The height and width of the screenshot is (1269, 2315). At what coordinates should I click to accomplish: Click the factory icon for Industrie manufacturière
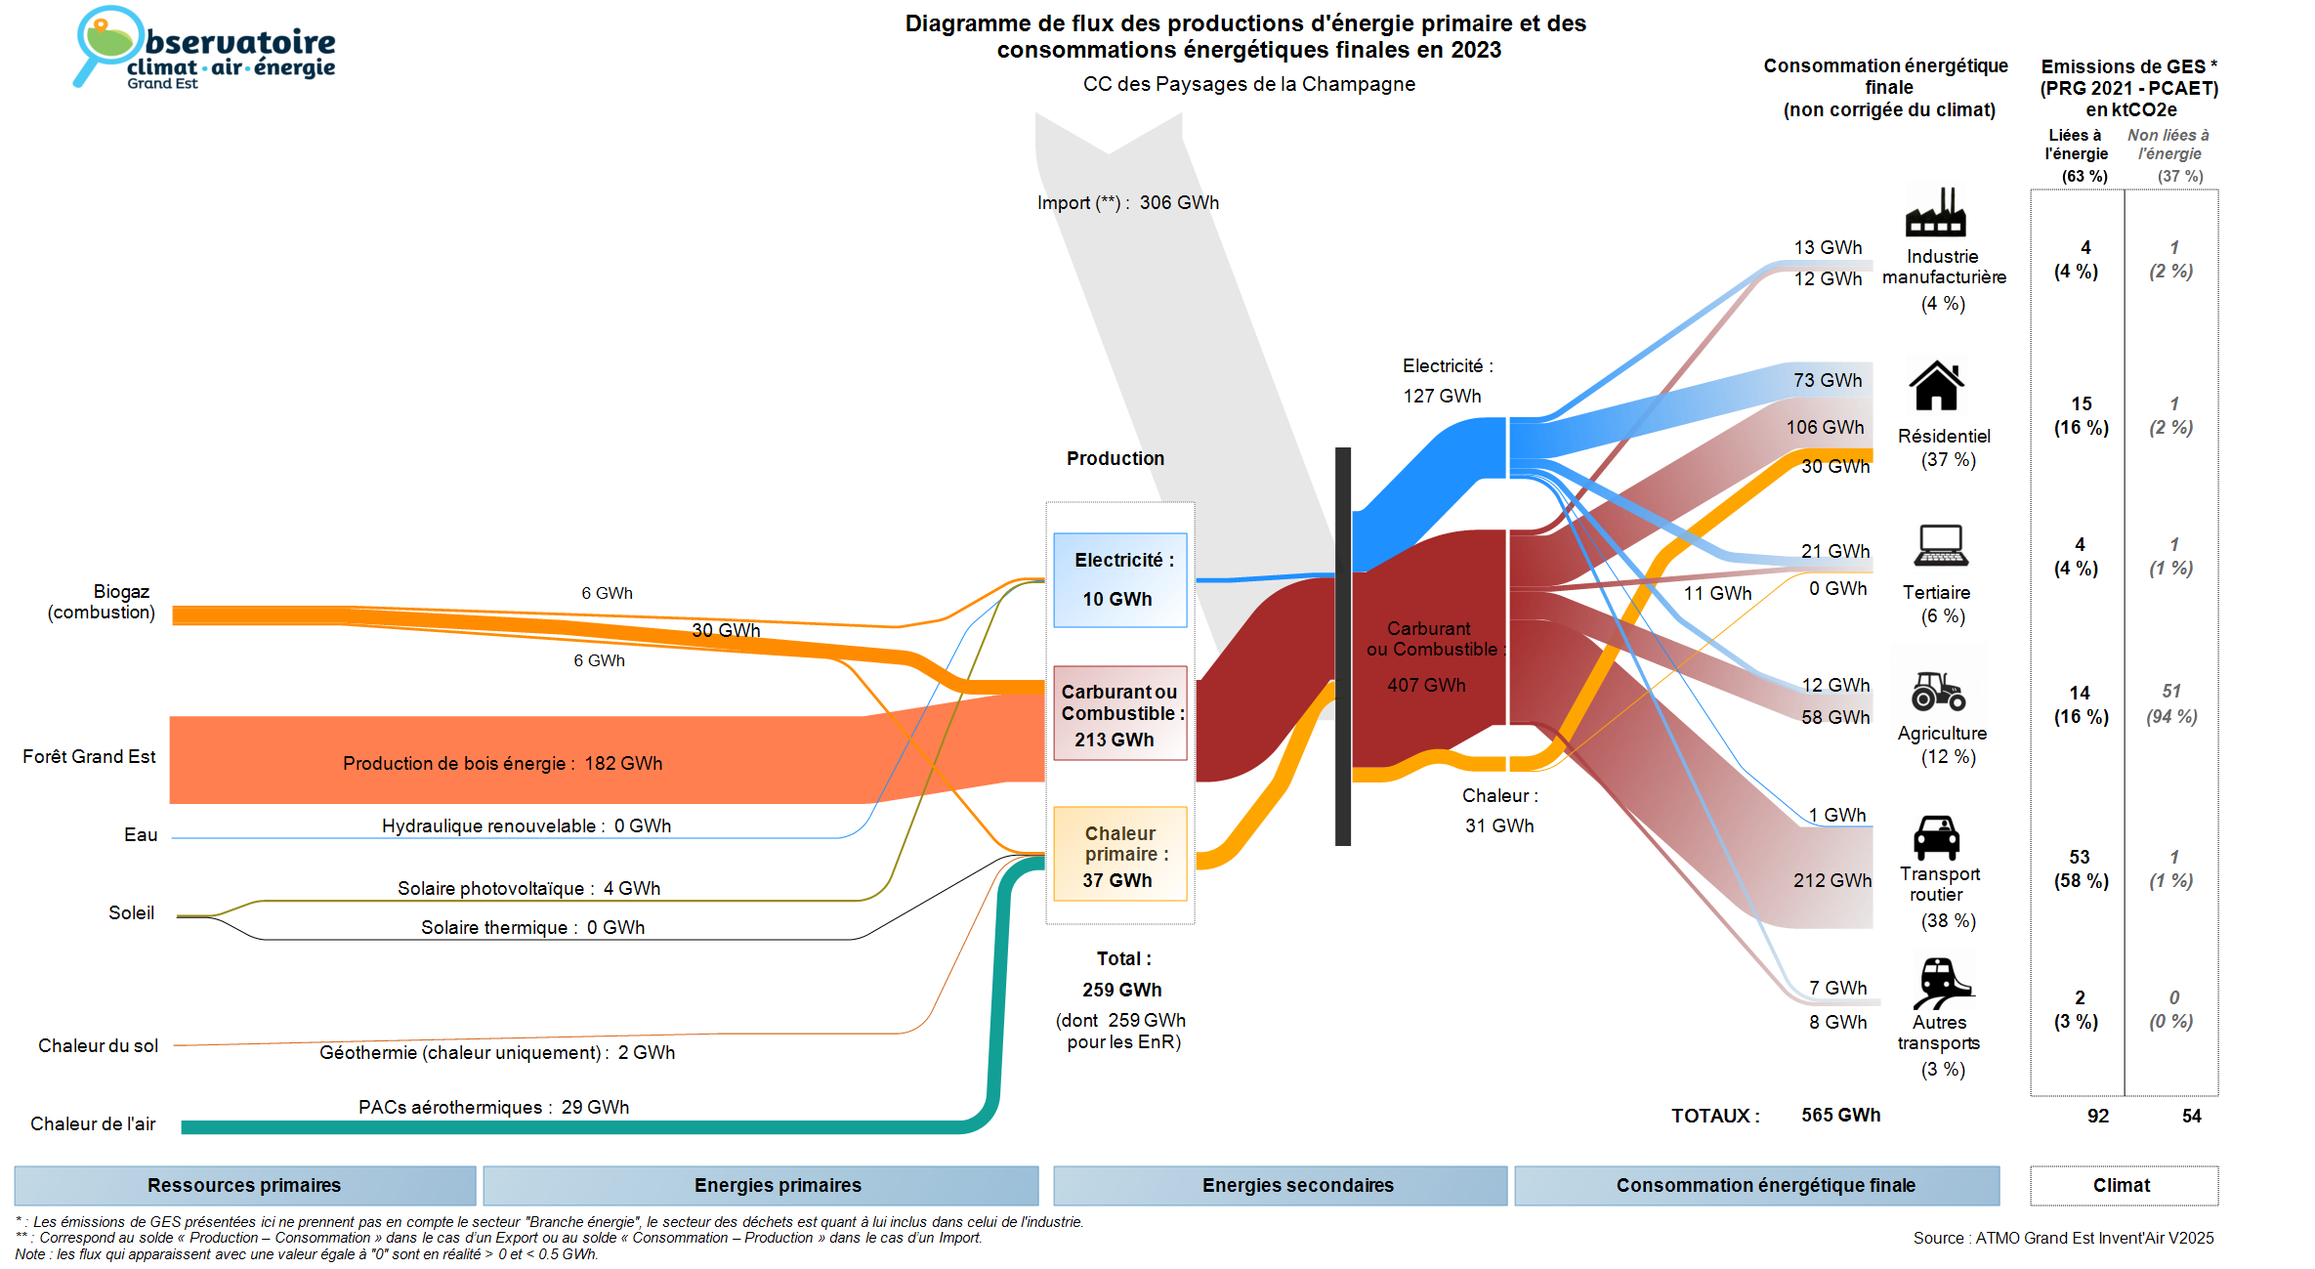(x=1935, y=212)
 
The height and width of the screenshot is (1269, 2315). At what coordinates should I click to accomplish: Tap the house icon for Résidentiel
(x=1936, y=386)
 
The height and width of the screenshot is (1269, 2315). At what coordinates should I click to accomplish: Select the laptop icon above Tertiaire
(x=1941, y=545)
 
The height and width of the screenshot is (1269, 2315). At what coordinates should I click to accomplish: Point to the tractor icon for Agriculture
(x=1938, y=691)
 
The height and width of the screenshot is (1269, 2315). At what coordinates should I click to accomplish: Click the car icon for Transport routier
(x=1936, y=837)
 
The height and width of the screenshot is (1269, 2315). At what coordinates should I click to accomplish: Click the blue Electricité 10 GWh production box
(x=1119, y=579)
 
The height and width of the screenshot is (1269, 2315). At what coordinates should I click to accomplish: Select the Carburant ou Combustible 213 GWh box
(x=1119, y=714)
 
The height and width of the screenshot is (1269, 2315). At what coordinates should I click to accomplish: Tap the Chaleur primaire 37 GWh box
(x=1119, y=855)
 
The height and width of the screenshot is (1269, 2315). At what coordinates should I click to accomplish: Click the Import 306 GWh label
(x=1127, y=203)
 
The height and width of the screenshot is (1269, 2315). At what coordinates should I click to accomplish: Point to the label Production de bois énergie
(x=502, y=763)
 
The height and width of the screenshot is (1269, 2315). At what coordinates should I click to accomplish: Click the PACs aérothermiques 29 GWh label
(x=493, y=1107)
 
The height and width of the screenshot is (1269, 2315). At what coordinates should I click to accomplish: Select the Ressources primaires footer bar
(x=244, y=1185)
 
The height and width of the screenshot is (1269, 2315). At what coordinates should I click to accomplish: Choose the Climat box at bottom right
(x=2122, y=1185)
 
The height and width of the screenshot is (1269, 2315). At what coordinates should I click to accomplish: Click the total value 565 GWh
(x=1840, y=1115)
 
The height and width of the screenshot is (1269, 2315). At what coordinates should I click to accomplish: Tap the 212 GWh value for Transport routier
(x=1831, y=880)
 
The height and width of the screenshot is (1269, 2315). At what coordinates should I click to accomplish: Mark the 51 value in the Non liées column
(x=2170, y=691)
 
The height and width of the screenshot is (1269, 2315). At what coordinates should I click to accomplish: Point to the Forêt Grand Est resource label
(x=89, y=756)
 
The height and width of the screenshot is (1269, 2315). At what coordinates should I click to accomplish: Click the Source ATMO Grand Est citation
(x=2063, y=1238)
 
